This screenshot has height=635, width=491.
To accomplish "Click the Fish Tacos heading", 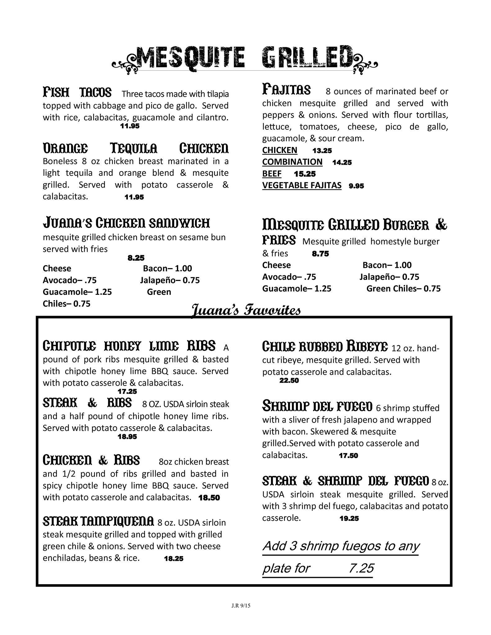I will click(x=77, y=92).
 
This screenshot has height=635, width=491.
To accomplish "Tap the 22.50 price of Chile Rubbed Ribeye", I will click(x=289, y=380).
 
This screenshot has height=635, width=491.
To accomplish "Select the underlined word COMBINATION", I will click(x=292, y=162).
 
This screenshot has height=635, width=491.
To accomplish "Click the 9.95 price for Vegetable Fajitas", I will click(x=356, y=186).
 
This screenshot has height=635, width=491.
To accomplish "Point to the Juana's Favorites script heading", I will click(x=246, y=310).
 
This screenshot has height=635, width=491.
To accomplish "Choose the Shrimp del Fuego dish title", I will click(x=317, y=406).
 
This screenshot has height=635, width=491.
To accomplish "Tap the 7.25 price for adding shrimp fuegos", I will click(x=361, y=568).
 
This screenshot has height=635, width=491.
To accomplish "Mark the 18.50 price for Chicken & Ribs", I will click(x=209, y=498).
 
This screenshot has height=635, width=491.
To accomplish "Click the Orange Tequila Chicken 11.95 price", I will click(x=134, y=197).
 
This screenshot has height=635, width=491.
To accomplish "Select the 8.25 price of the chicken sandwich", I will click(x=136, y=258).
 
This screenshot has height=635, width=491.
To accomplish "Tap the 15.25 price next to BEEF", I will click(x=305, y=174).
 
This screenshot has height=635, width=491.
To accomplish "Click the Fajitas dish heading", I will click(x=286, y=90).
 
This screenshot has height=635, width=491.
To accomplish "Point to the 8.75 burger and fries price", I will click(x=320, y=254).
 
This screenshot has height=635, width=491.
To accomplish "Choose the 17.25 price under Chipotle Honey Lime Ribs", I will click(x=127, y=392).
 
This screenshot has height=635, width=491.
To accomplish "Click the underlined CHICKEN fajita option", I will click(x=280, y=150).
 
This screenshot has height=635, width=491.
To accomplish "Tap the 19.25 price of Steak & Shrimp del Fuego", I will click(x=349, y=518).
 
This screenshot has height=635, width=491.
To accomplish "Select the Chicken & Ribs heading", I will click(x=91, y=460).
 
